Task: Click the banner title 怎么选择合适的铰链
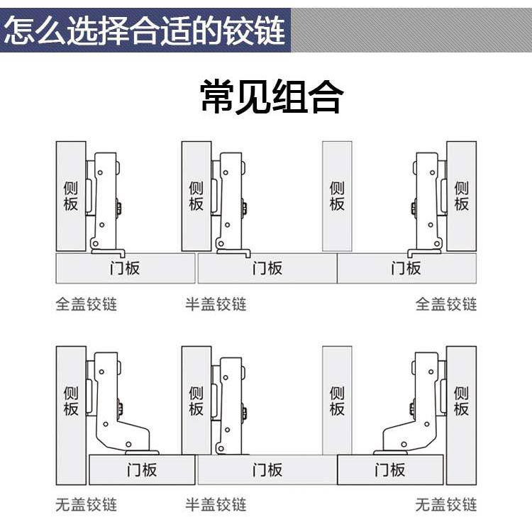tap(145, 30)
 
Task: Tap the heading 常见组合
tap(272, 96)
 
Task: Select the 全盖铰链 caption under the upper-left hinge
tap(87, 304)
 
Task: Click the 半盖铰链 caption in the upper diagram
tap(216, 304)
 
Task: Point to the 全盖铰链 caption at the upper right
tap(446, 304)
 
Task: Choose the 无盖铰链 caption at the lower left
tap(87, 505)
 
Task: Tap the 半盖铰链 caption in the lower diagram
tap(216, 505)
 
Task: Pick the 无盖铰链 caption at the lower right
tap(446, 505)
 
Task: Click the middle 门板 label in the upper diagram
tap(267, 268)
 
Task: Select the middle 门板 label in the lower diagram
tap(267, 470)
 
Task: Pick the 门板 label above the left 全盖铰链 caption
tap(125, 268)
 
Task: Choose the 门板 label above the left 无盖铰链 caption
tap(142, 470)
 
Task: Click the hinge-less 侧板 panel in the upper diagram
tap(337, 196)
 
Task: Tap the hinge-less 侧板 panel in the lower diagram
tap(337, 401)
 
